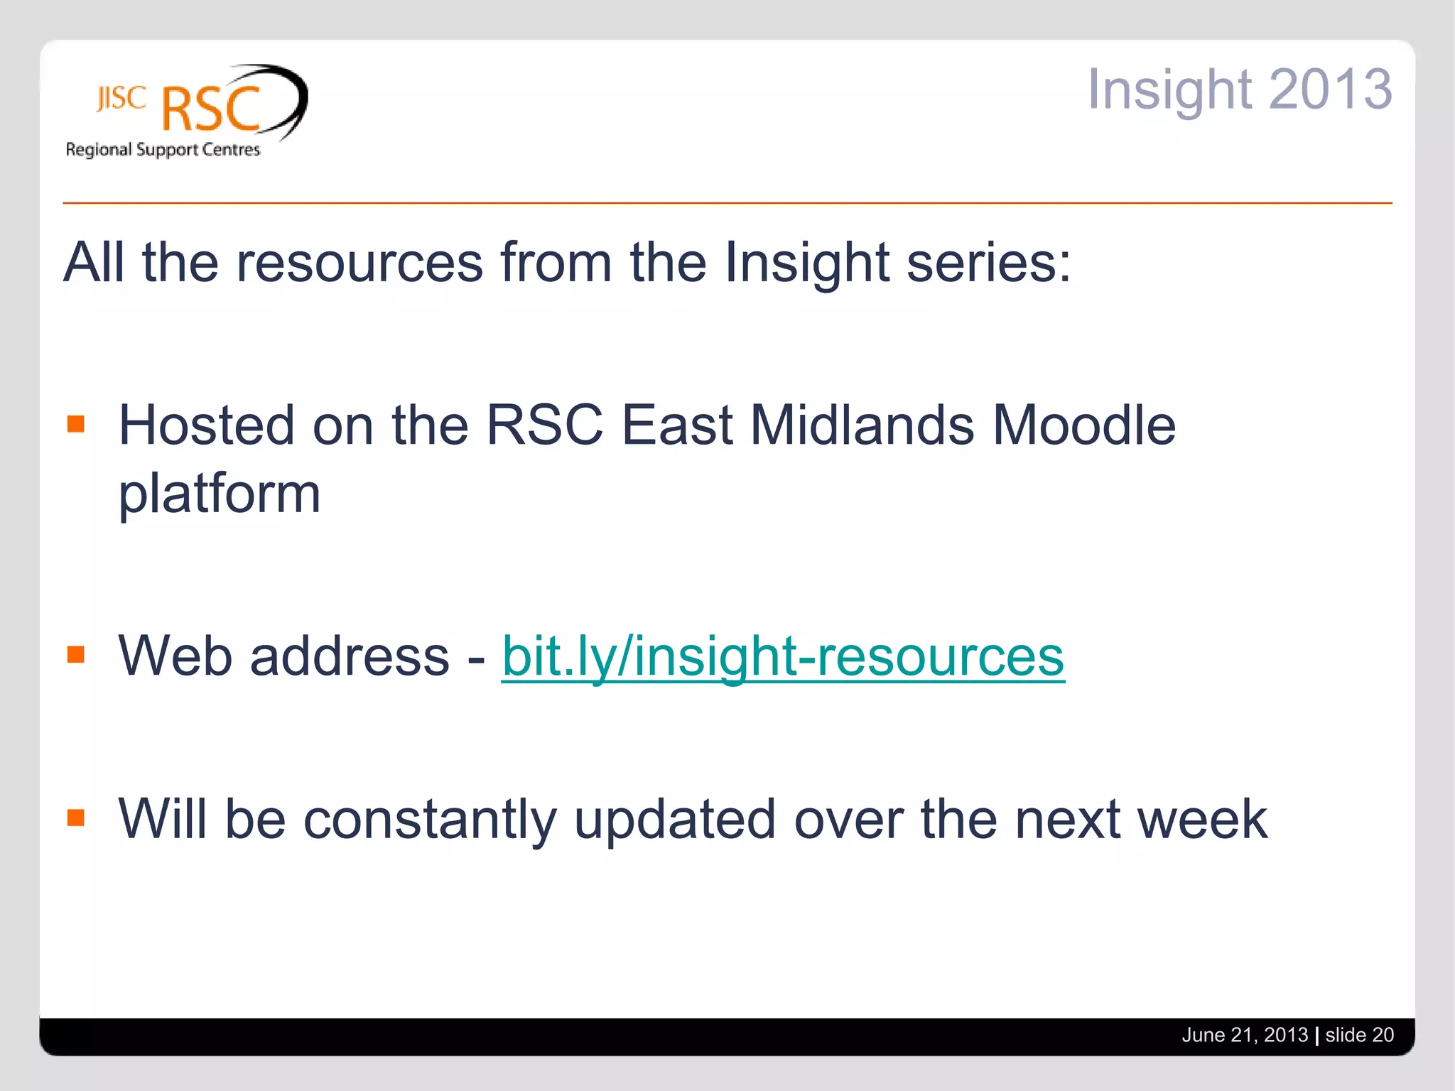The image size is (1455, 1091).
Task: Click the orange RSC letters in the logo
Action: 211,109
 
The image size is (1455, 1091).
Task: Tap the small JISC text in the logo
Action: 121,99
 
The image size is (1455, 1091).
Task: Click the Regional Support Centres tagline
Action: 163,150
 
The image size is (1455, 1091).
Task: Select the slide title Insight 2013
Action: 1239,89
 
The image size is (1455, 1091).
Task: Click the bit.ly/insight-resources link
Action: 782,656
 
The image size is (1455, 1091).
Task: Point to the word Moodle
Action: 1083,425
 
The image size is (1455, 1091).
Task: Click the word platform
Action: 220,494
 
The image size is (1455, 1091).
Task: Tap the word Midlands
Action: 862,425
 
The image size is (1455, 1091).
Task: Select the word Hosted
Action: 206,425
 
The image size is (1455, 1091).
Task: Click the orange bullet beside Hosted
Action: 76,424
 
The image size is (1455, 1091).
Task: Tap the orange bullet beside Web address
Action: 76,654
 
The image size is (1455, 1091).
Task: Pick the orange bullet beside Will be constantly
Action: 76,818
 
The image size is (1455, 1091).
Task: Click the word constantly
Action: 430,820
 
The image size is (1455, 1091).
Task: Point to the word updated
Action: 675,820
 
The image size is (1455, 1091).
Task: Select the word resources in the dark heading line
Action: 359,263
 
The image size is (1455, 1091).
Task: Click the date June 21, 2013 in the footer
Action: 1244,1035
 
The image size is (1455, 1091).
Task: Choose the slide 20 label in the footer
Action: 1359,1035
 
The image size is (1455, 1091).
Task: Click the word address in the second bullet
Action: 350,656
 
